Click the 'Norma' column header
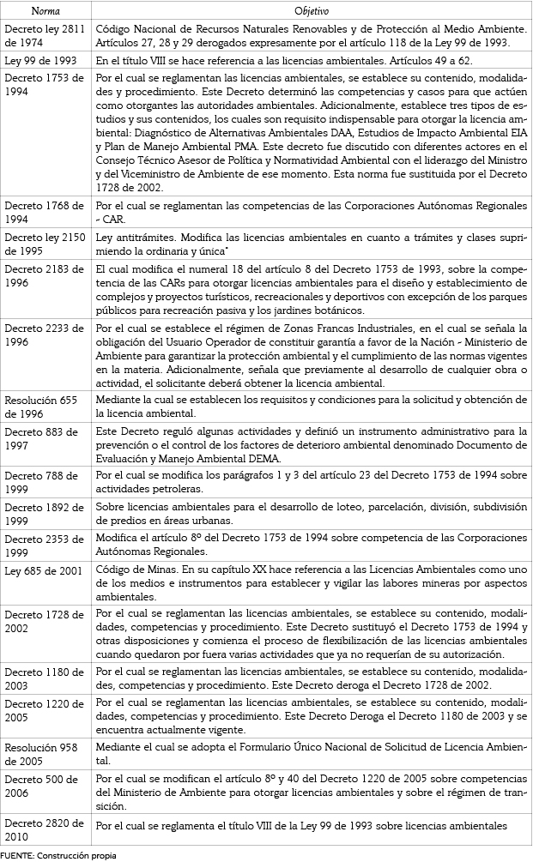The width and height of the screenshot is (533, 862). [x=45, y=11]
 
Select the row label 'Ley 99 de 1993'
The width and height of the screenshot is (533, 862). [x=40, y=61]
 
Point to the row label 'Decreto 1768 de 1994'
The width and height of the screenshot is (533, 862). [x=45, y=212]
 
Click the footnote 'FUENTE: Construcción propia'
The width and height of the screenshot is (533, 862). [x=58, y=855]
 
